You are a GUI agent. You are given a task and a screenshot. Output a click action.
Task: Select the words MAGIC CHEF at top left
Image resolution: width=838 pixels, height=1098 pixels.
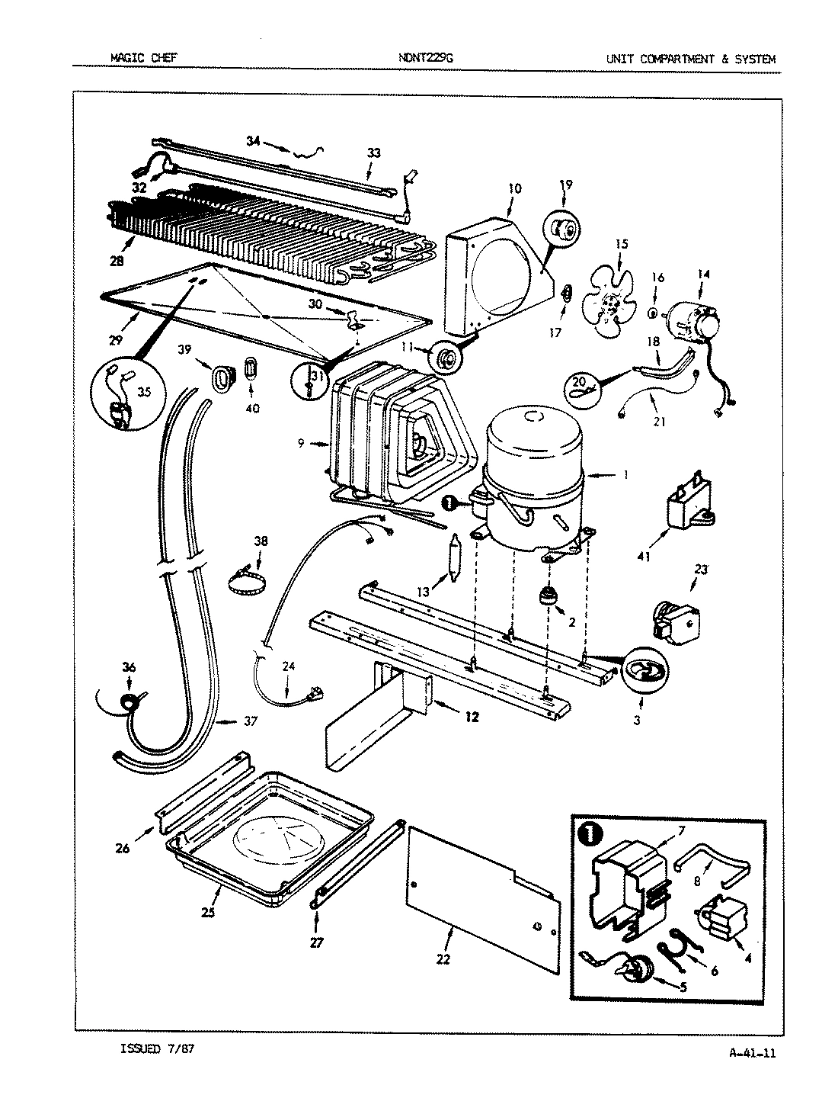144,58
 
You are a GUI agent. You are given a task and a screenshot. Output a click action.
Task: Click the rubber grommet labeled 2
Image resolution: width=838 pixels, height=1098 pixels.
546,596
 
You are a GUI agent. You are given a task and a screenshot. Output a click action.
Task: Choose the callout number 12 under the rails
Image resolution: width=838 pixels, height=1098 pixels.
472,716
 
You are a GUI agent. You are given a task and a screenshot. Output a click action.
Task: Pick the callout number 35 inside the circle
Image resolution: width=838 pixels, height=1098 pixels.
143,392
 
